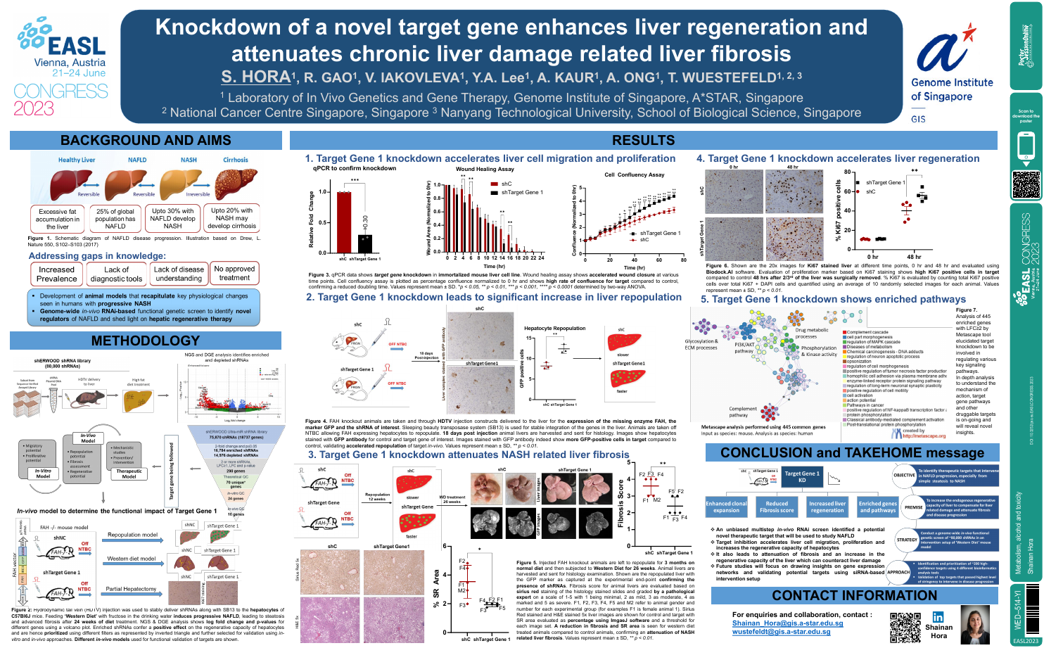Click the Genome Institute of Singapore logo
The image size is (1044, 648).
pyautogui.click(x=950, y=70)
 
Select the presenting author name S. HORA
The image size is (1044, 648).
pyautogui.click(x=256, y=77)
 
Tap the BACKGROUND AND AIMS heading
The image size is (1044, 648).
pyautogui.click(x=146, y=141)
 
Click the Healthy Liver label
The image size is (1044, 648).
pyautogui.click(x=77, y=160)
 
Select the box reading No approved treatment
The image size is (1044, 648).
pyautogui.click(x=234, y=273)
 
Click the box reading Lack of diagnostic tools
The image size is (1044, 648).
pyautogui.click(x=116, y=274)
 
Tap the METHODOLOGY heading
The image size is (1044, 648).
pyautogui.click(x=146, y=341)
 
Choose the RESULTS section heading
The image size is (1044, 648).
pyautogui.click(x=643, y=141)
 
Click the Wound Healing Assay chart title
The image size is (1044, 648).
pyautogui.click(x=485, y=170)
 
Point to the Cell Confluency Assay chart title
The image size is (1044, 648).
pyautogui.click(x=634, y=174)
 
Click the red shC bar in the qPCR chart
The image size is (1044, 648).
pyautogui.click(x=343, y=222)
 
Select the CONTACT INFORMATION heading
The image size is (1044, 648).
pyautogui.click(x=854, y=596)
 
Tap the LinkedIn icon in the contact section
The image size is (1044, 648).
pyautogui.click(x=938, y=617)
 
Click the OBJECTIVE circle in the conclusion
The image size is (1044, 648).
pyautogui.click(x=904, y=475)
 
